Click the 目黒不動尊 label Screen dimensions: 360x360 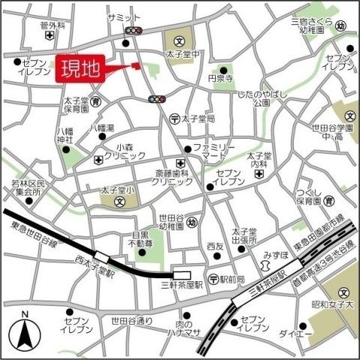140,239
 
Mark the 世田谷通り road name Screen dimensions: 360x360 132,321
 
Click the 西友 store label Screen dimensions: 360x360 215,246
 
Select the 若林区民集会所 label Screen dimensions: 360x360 30,187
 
